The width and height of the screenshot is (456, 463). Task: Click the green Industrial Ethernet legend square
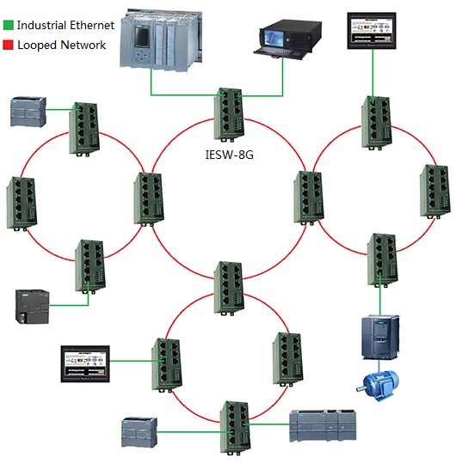click(x=9, y=25)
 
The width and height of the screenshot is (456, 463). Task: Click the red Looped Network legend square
click(x=8, y=45)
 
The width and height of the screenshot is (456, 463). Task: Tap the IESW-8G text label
click(x=230, y=155)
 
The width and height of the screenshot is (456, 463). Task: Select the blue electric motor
click(x=378, y=386)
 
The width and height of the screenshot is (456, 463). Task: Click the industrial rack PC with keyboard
click(x=287, y=40)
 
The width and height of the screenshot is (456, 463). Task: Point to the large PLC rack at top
click(x=161, y=40)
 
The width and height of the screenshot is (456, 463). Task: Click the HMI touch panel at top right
click(x=372, y=31)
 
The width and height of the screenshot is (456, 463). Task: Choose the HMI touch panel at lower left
click(x=85, y=364)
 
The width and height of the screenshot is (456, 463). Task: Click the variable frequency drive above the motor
click(x=380, y=338)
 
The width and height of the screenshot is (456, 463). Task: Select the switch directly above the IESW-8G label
click(x=229, y=115)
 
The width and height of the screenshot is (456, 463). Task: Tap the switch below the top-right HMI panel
click(x=377, y=123)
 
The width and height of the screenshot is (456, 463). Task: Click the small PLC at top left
click(x=28, y=112)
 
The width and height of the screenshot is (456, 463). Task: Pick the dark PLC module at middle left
click(x=32, y=307)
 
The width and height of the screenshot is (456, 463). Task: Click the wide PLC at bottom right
click(x=323, y=425)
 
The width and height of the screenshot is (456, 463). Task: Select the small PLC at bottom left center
click(x=139, y=432)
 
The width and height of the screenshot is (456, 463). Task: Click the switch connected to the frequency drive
click(x=382, y=260)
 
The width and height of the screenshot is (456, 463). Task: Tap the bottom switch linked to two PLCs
click(x=235, y=428)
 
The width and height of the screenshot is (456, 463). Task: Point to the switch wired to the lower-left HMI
click(x=167, y=365)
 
